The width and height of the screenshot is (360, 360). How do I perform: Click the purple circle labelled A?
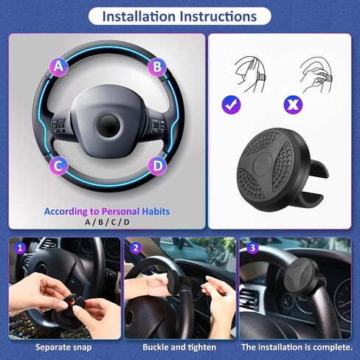pyautogui.click(x=58, y=66)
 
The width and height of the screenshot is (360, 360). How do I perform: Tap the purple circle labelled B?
pyautogui.click(x=157, y=66)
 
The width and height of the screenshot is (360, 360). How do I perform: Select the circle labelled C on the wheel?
pyautogui.click(x=58, y=166)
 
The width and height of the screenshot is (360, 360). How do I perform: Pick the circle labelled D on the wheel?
pyautogui.click(x=157, y=166)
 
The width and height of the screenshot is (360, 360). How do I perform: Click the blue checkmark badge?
pyautogui.click(x=231, y=105)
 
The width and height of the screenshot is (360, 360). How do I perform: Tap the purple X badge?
pyautogui.click(x=293, y=105)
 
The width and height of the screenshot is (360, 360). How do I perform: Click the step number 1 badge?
pyautogui.click(x=20, y=248)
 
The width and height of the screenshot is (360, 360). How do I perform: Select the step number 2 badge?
pyautogui.click(x=136, y=248)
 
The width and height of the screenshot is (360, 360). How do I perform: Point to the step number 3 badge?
pyautogui.click(x=252, y=248)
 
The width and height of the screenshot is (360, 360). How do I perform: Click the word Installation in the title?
pyautogui.click(x=139, y=16)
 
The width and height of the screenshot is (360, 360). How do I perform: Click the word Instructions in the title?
pyautogui.click(x=218, y=16)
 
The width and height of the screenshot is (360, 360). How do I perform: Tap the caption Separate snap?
pyautogui.click(x=63, y=347)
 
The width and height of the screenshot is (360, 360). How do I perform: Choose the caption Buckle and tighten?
pyautogui.click(x=179, y=347)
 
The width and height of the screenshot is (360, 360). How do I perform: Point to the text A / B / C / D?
pyautogui.click(x=107, y=222)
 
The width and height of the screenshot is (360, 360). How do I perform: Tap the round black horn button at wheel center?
pyautogui.click(x=108, y=125)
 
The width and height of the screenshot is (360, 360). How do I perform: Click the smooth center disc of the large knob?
pyautogui.click(x=262, y=164)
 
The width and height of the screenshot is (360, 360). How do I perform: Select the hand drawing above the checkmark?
pyautogui.click(x=250, y=75)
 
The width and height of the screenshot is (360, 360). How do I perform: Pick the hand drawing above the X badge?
pyautogui.click(x=316, y=75)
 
